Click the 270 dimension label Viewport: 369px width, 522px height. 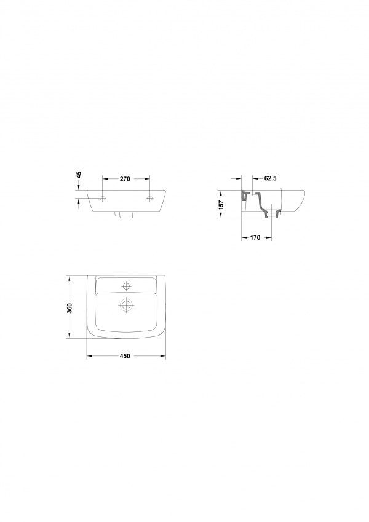(x=125, y=179)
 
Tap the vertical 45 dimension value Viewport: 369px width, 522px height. (x=79, y=175)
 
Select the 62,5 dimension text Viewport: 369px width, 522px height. (x=271, y=178)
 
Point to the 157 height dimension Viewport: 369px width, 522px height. (x=222, y=204)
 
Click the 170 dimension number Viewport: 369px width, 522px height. (x=255, y=238)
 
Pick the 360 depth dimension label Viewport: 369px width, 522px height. (x=69, y=308)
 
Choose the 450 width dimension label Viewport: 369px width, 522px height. (x=125, y=356)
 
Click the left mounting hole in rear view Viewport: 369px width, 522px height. (x=103, y=199)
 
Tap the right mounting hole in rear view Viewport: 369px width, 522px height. (x=149, y=199)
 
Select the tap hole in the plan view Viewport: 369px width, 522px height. (x=126, y=286)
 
